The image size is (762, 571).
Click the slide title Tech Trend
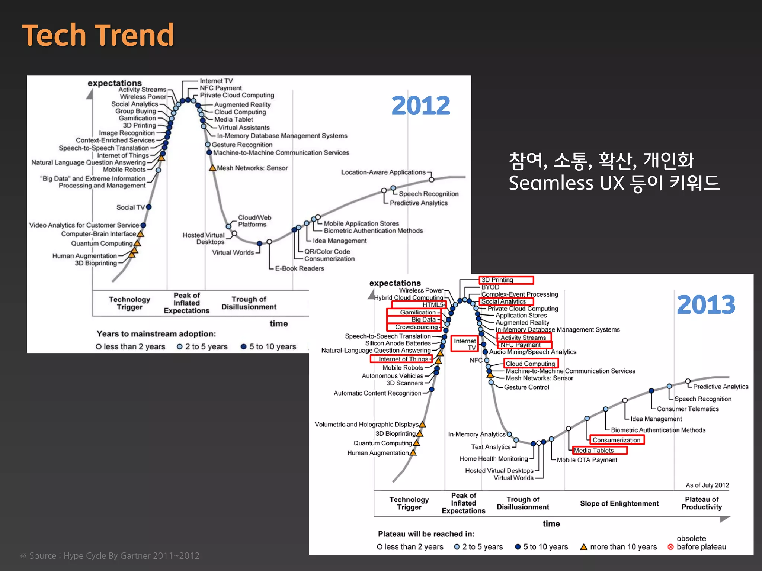98,35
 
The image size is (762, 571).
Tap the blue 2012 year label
420,106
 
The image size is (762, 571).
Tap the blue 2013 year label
706,305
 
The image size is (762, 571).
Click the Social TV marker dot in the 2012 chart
149,207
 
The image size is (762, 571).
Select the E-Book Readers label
299,268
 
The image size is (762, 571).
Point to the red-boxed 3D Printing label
506,280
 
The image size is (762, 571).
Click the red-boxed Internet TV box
464,344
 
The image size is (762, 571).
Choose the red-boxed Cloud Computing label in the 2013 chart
531,364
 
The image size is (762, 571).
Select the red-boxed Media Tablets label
599,451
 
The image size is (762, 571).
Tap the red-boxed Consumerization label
616,440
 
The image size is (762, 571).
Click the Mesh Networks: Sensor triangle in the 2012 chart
212,168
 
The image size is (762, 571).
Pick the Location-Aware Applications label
383,172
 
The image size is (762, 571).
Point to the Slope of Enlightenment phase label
619,503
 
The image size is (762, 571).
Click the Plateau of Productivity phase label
701,503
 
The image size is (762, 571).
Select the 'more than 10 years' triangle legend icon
584,547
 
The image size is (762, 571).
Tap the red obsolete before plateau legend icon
670,547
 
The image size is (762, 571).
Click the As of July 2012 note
707,485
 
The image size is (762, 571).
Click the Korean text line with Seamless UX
614,183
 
